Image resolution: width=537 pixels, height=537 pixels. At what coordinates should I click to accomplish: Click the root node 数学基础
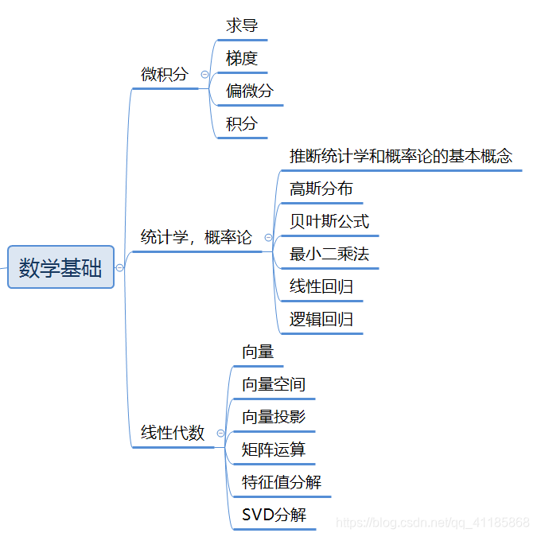[60, 267]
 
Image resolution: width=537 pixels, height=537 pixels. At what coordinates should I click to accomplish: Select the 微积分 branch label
[165, 74]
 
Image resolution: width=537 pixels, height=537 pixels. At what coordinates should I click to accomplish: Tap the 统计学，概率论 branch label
[196, 237]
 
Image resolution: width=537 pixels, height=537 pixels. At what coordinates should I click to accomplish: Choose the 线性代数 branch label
[173, 433]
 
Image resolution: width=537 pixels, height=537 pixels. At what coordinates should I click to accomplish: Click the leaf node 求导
[242, 25]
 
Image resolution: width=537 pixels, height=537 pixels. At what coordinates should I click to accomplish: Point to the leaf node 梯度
[242, 58]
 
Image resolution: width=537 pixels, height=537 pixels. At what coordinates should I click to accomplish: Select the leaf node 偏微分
[249, 91]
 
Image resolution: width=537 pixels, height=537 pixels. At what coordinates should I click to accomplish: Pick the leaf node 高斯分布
[321, 189]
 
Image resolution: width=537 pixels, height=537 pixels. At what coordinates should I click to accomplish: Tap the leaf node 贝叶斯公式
[329, 221]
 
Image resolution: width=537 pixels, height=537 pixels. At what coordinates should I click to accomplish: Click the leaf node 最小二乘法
[329, 255]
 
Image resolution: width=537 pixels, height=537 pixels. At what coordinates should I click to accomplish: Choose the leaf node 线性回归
[321, 286]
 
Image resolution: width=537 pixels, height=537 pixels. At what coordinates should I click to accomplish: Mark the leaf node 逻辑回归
[321, 320]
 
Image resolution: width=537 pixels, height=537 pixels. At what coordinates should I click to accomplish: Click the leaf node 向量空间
[274, 384]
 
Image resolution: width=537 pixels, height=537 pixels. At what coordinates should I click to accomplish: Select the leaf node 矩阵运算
[274, 449]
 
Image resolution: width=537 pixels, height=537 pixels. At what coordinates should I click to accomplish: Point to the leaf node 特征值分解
[282, 482]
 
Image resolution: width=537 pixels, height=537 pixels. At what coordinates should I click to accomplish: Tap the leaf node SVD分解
[274, 515]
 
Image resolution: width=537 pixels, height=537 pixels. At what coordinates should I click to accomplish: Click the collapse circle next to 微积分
[204, 74]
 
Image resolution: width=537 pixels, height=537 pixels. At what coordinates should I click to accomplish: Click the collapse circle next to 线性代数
[220, 433]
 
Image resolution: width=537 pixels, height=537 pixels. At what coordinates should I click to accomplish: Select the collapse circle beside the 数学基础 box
[119, 268]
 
